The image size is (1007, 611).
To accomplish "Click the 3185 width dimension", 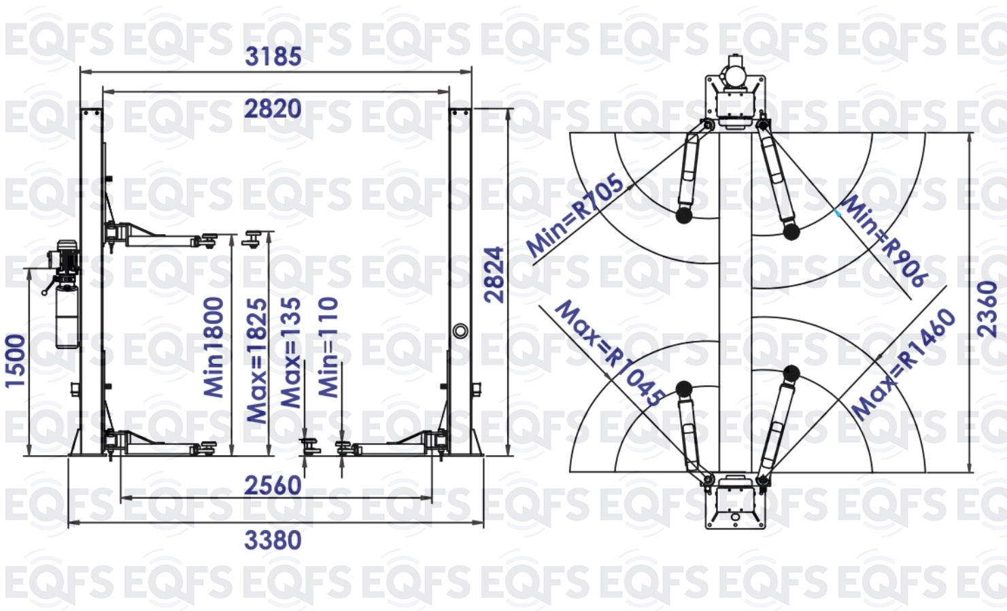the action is tap(273, 56).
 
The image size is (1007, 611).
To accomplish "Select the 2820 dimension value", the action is tap(273, 109).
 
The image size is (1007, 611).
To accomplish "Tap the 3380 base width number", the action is tap(273, 540).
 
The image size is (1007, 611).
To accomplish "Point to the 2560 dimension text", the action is tap(273, 486).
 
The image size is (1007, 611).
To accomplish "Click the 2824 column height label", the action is tap(494, 274).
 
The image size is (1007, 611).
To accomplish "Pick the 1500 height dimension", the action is tap(15, 361).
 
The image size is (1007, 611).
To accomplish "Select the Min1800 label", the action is tap(214, 347).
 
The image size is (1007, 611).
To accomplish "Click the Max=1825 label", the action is tap(258, 361).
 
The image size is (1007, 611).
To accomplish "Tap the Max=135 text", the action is tap(291, 352).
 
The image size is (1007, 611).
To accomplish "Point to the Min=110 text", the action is tap(328, 347).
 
